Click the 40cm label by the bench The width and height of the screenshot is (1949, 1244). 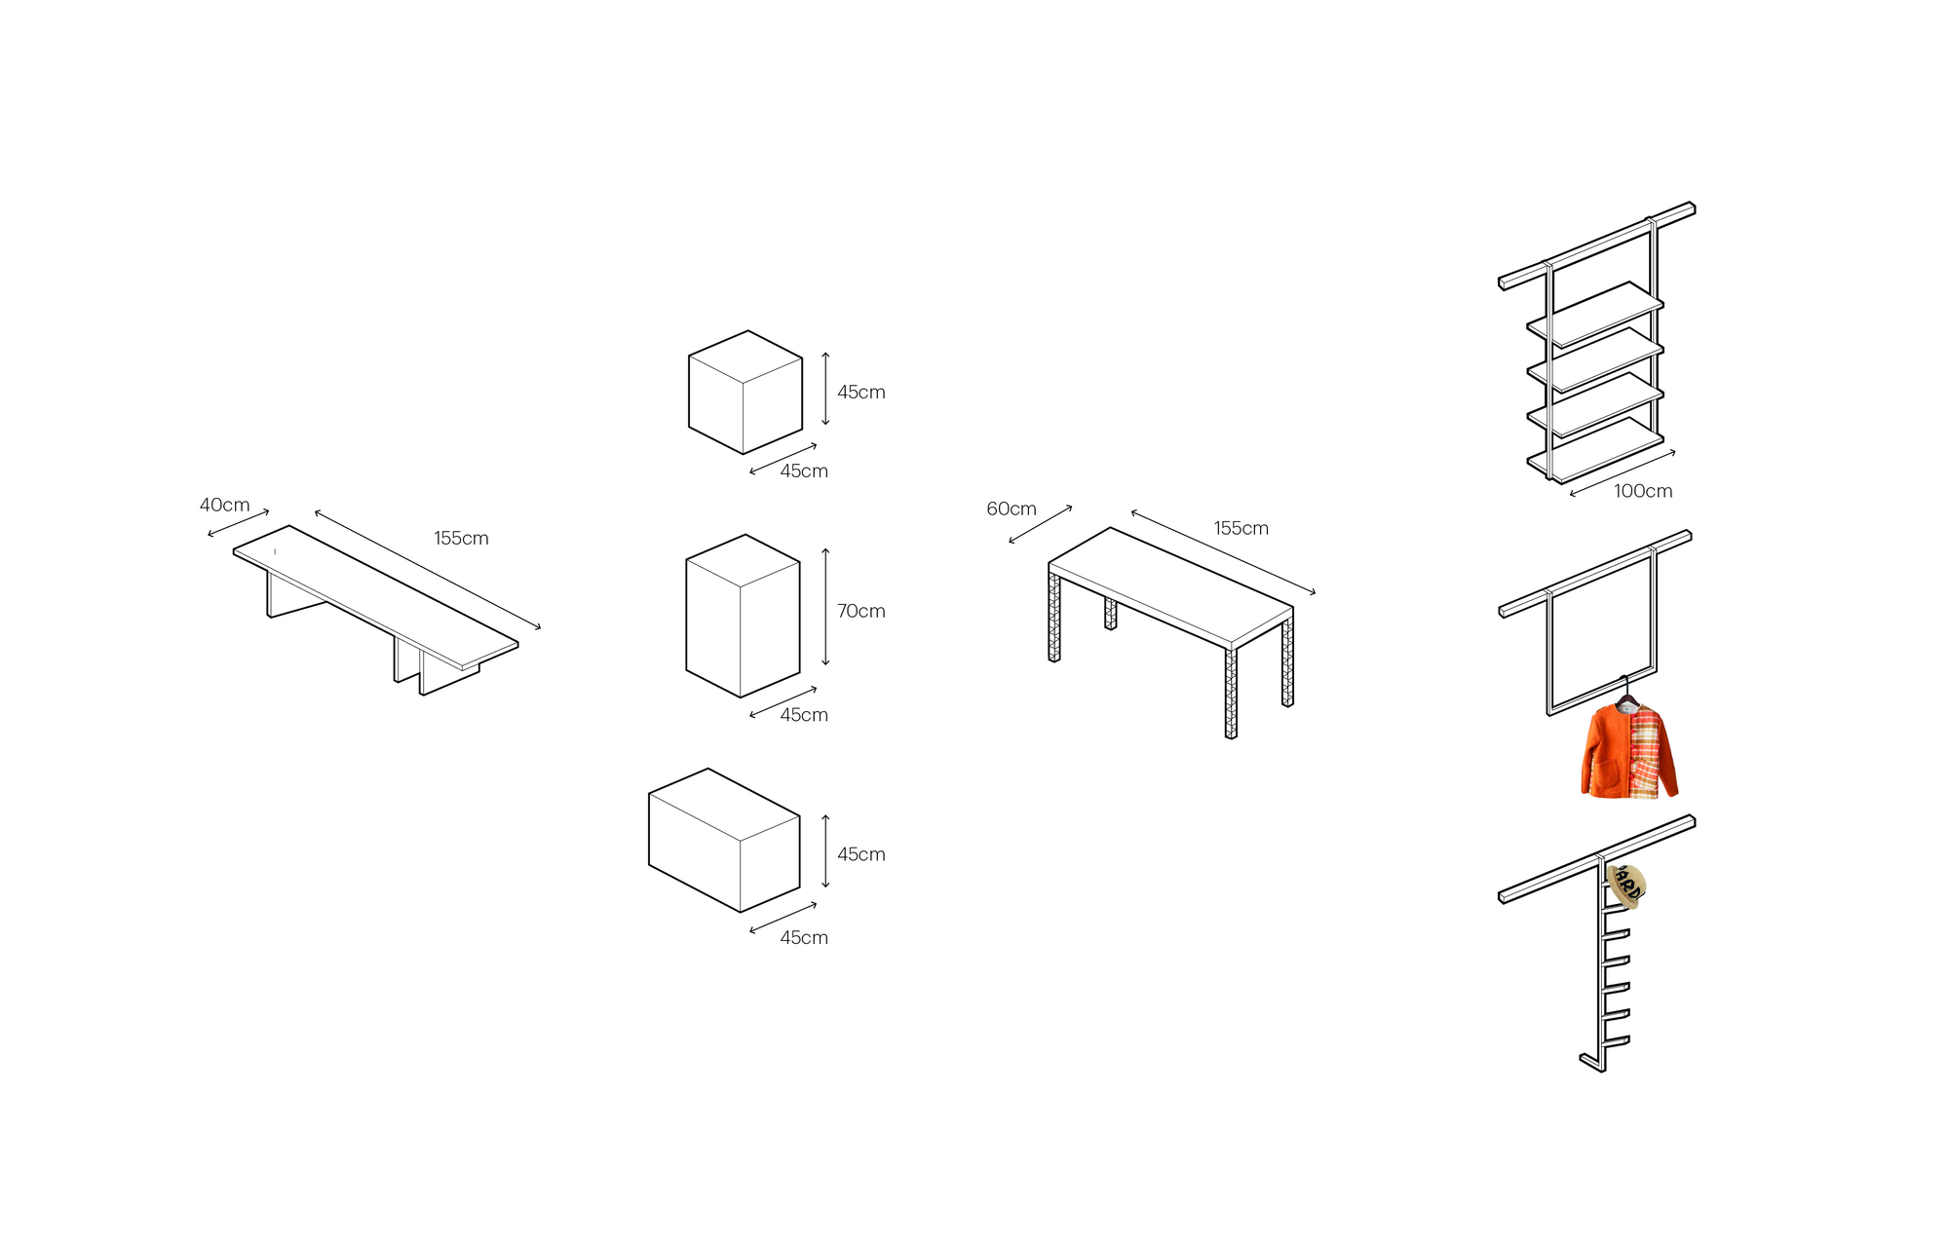coord(224,505)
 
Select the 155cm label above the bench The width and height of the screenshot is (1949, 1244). coord(461,538)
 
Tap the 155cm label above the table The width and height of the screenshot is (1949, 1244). coord(1241,528)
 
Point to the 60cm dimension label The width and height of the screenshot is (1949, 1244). coord(1011,509)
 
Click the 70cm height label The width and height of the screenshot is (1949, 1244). coord(860,611)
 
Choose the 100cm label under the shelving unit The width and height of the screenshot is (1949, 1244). coord(1643,491)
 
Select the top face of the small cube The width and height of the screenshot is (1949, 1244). coord(745,357)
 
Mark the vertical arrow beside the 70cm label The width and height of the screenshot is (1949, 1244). coord(825,607)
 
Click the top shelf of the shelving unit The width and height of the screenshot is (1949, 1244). coord(1595,314)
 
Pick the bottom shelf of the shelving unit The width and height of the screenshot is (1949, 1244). coord(1595,450)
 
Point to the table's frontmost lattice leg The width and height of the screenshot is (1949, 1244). coord(1231,693)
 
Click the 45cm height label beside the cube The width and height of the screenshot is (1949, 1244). coord(860,392)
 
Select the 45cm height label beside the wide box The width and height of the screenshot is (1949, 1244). coord(860,854)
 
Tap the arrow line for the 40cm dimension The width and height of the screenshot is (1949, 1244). coord(239,523)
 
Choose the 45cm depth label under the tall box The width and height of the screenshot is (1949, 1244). coord(804,715)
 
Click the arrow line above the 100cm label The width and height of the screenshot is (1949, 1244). coord(1623,472)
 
